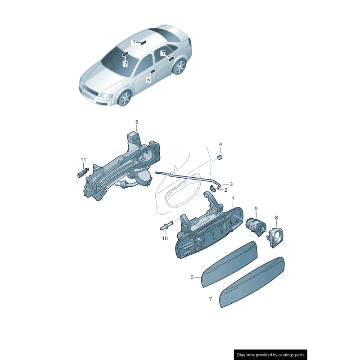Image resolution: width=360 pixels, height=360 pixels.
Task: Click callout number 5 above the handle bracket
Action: coord(137,122)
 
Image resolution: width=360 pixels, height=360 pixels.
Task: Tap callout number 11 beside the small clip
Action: coord(83,160)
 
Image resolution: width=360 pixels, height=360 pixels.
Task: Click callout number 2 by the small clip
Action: coord(226,190)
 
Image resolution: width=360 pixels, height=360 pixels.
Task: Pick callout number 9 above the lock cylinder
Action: coord(256,209)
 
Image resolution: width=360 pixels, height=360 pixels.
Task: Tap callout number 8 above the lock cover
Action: coord(276,217)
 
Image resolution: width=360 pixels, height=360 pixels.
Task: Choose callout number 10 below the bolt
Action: coord(165,238)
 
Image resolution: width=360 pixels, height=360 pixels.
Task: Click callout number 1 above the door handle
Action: coord(233,198)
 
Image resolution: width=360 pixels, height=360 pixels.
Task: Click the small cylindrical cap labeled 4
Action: coord(220,157)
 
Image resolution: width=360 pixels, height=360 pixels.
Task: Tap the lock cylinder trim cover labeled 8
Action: coord(275,238)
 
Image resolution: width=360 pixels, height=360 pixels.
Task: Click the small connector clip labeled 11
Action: coord(82,172)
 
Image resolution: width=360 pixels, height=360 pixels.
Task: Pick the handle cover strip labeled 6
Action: coord(229,264)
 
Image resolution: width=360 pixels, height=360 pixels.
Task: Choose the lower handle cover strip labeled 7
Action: coord(252,283)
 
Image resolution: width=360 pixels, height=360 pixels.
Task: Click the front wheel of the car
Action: coord(125,98)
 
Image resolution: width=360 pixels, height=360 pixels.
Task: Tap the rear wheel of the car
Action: coord(180,67)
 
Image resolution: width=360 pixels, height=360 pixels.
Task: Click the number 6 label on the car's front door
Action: coord(148,80)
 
